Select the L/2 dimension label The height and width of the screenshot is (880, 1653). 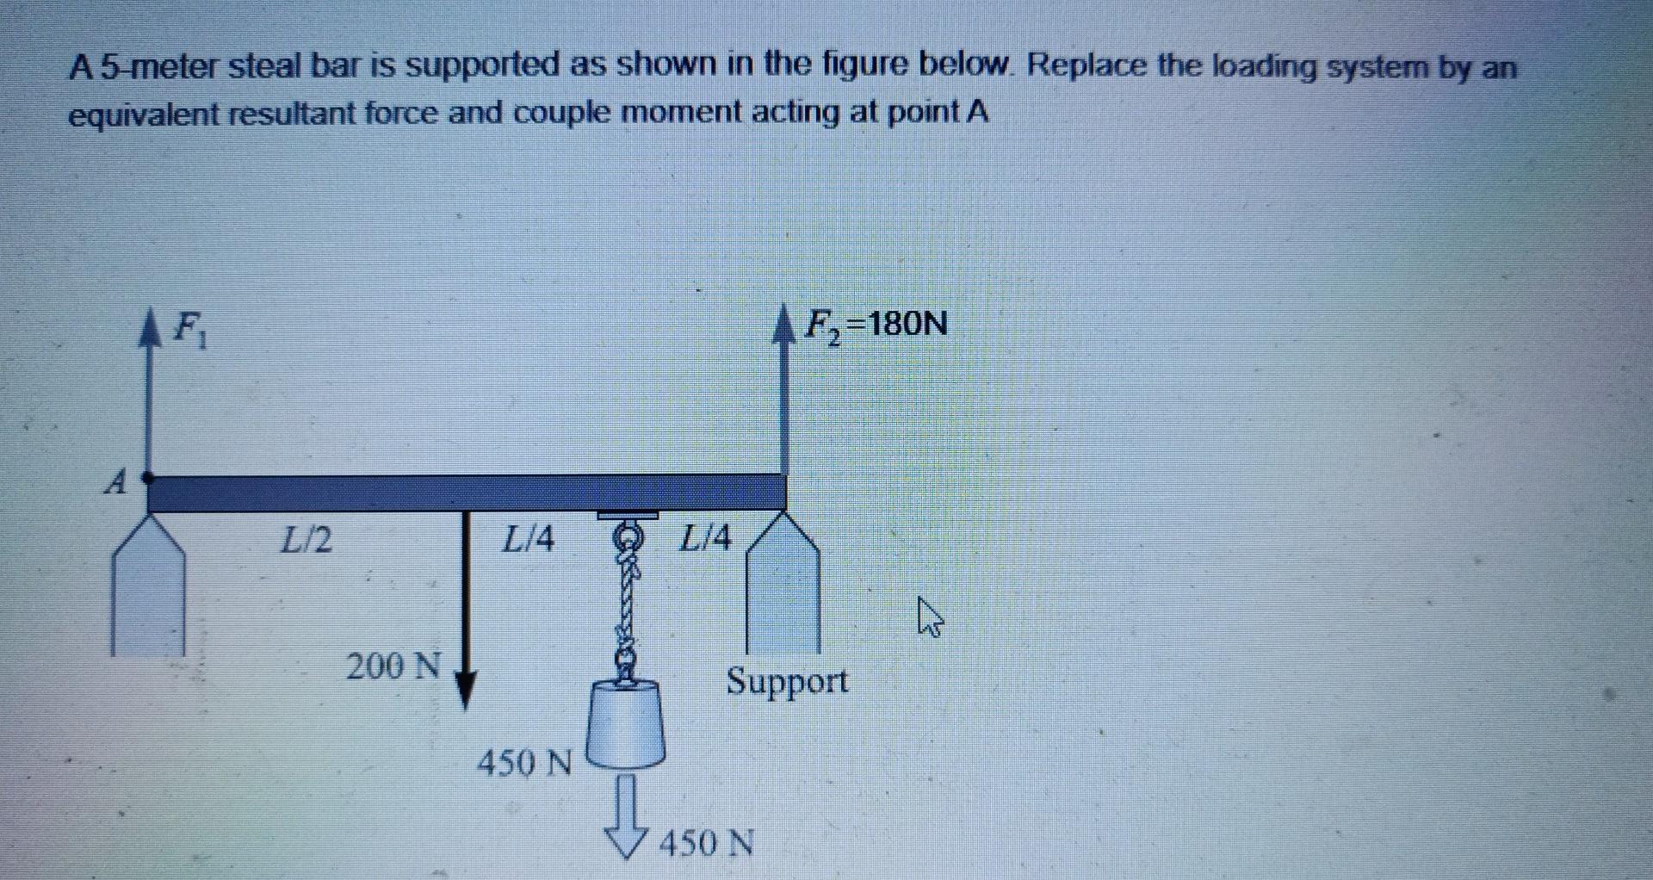click(x=306, y=540)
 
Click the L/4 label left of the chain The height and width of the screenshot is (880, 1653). click(x=528, y=540)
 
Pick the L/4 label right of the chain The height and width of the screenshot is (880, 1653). click(x=705, y=538)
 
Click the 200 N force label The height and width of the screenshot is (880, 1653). click(x=393, y=666)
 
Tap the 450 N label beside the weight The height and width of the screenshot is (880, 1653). click(x=524, y=762)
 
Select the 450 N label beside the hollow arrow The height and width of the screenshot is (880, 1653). click(x=706, y=843)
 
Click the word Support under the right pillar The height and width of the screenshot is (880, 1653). click(x=787, y=681)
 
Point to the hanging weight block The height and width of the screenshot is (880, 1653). click(x=626, y=723)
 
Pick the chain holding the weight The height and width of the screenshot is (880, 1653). click(x=628, y=603)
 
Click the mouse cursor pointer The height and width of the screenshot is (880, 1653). click(x=929, y=617)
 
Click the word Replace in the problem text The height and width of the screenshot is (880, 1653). click(x=1086, y=65)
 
